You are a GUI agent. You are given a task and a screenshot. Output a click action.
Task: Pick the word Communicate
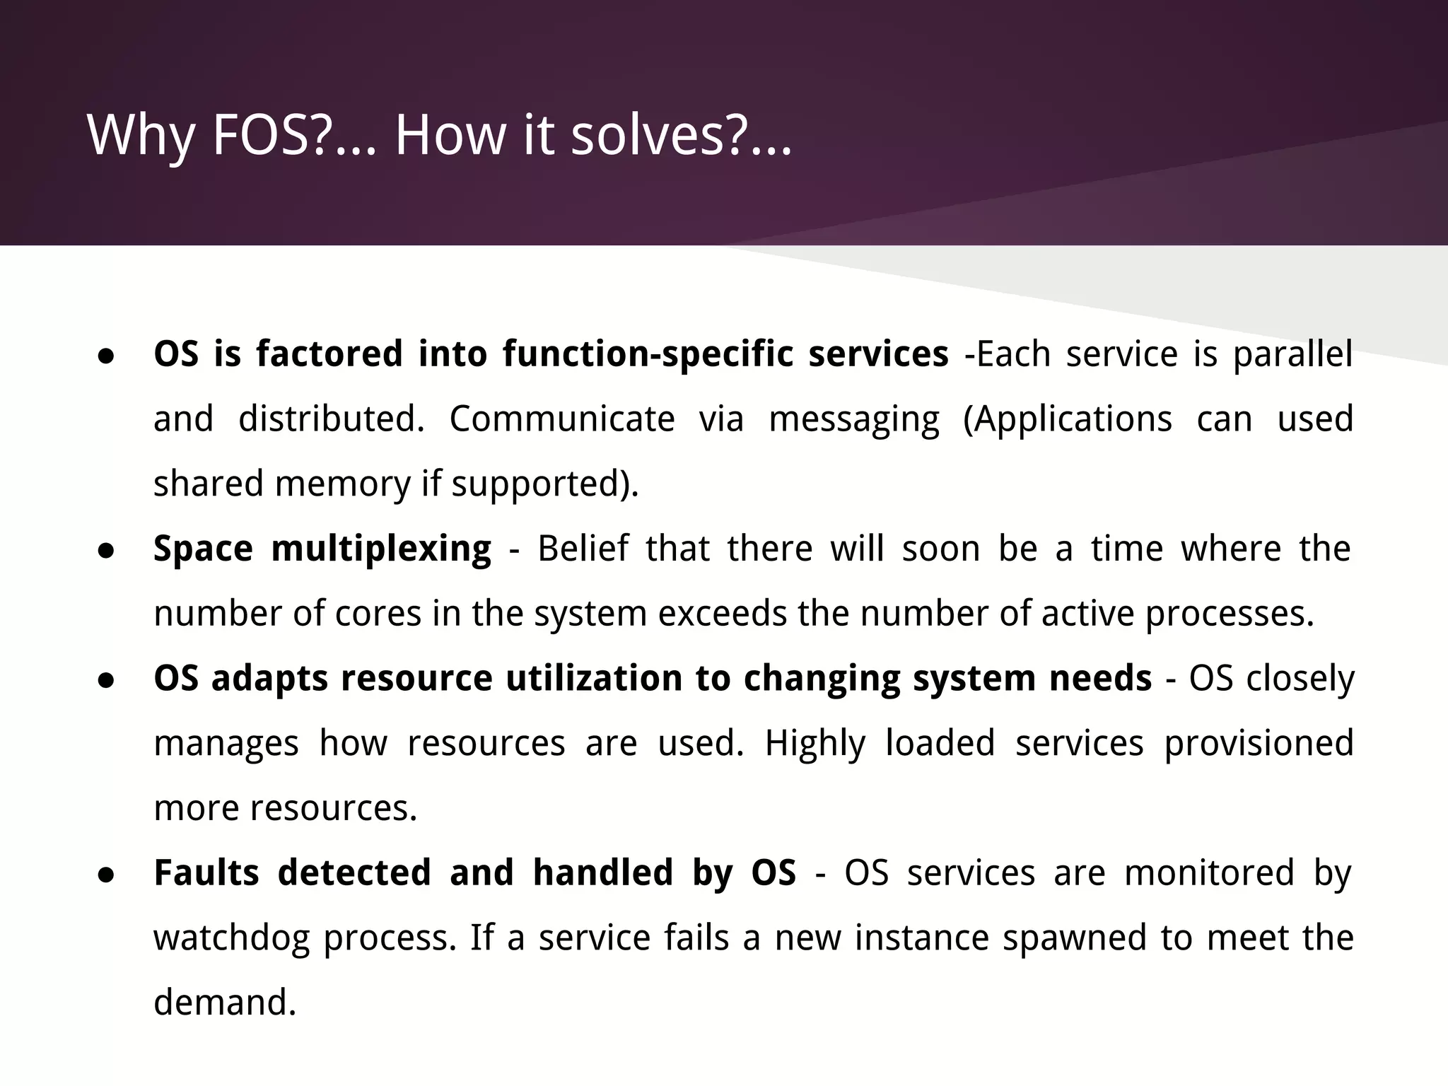tap(562, 419)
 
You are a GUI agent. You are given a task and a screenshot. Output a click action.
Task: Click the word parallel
tap(1292, 354)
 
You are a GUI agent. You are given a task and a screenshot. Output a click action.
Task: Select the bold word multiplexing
tap(381, 549)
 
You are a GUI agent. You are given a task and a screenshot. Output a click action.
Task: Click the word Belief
tap(582, 549)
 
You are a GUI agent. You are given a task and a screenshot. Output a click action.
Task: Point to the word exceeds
tap(722, 613)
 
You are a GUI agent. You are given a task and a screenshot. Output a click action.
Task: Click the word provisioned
tap(1259, 744)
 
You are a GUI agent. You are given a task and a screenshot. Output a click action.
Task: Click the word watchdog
tap(232, 938)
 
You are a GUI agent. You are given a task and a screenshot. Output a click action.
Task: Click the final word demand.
tap(224, 1003)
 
